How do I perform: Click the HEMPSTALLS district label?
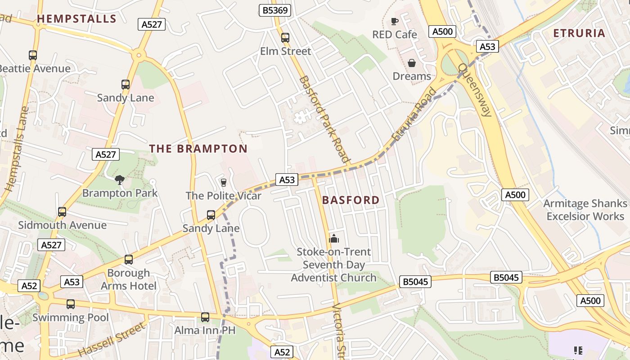click(76, 19)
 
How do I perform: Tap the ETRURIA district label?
click(579, 33)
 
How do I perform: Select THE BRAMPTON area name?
click(198, 148)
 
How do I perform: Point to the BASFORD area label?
click(351, 200)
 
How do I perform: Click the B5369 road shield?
click(275, 10)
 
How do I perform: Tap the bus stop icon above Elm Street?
click(285, 38)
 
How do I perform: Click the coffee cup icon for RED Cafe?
click(395, 21)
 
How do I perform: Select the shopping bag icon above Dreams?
click(411, 63)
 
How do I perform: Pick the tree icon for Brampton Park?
click(119, 180)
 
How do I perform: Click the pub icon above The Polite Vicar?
click(223, 182)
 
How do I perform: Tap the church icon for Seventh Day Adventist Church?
click(333, 238)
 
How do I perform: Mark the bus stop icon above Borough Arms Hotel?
click(129, 260)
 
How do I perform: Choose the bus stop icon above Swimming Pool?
click(71, 304)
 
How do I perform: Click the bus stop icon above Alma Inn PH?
click(205, 317)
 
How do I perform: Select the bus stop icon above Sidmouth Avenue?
click(62, 212)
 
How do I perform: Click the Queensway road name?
click(475, 90)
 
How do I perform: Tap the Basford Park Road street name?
click(324, 119)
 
